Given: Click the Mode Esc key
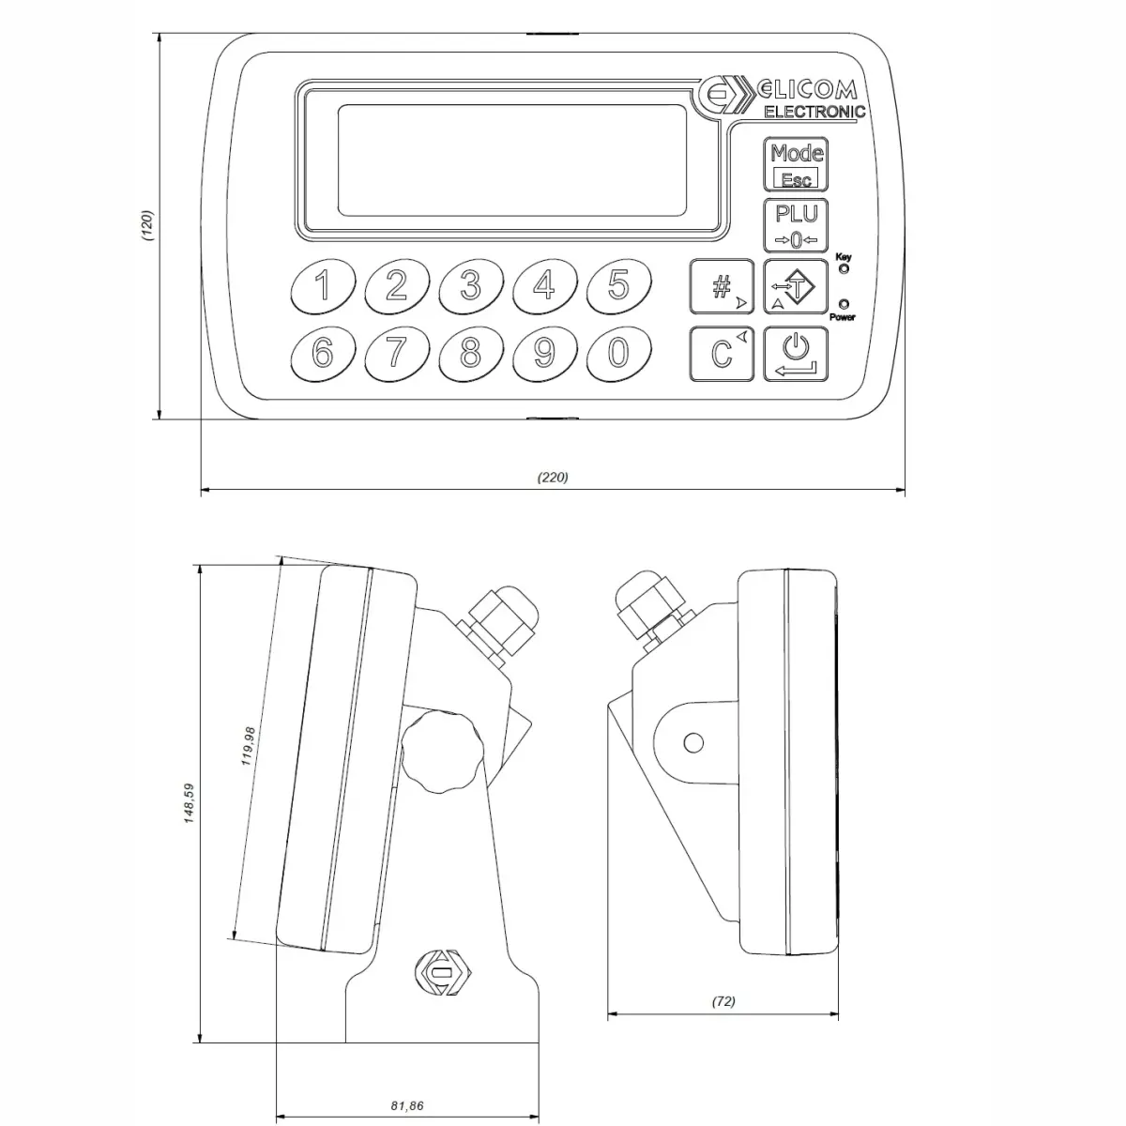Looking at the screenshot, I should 797,165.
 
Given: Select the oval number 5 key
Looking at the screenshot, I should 618,285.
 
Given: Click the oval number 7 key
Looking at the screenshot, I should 397,354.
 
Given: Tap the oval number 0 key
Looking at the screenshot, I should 618,354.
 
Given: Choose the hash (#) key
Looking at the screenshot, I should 723,287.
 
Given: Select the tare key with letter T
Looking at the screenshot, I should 797,287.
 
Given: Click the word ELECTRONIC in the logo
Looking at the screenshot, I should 814,113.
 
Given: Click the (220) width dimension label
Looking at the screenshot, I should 553,477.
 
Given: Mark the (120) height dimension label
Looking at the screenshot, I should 147,226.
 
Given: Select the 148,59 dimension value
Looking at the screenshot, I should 189,804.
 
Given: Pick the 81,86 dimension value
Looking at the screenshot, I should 407,1106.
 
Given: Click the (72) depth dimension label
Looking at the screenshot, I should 723,1001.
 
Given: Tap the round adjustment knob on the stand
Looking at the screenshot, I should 442,752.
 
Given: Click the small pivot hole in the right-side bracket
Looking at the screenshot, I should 693,743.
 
